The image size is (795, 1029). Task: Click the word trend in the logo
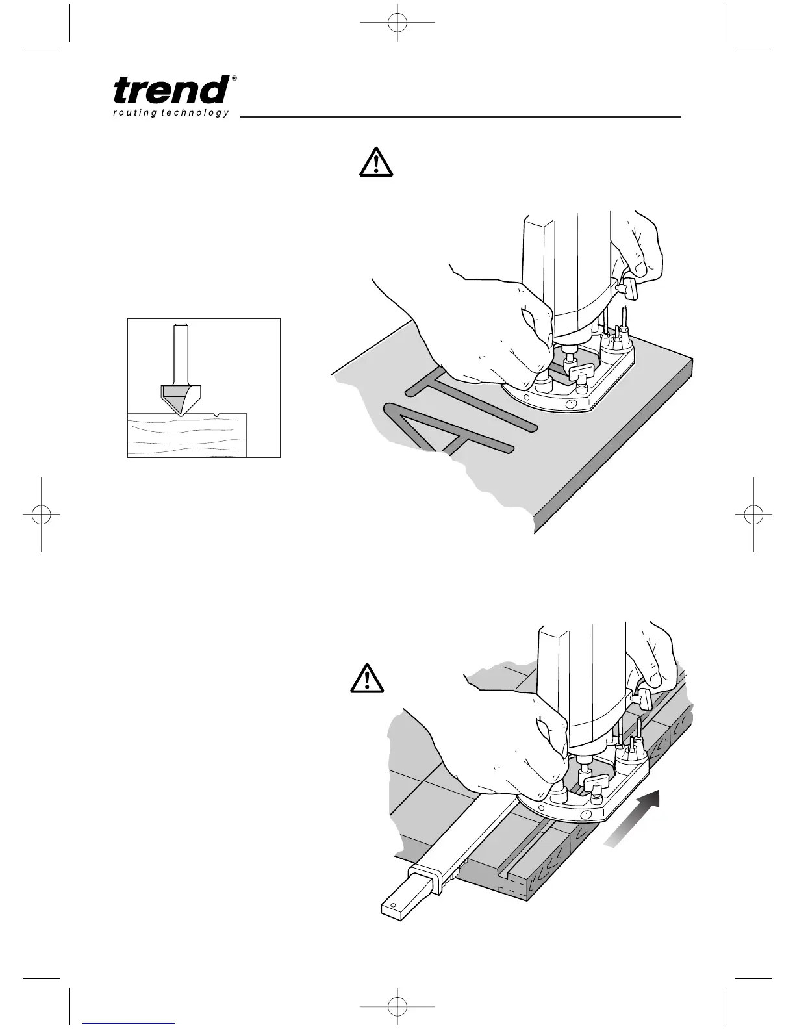pyautogui.click(x=171, y=90)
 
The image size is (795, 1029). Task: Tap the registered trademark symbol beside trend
pyautogui.click(x=234, y=79)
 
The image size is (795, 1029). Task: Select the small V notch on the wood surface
pyautogui.click(x=214, y=414)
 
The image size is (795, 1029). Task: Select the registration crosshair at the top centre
pyautogui.click(x=396, y=23)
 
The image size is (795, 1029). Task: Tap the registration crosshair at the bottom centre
pyautogui.click(x=396, y=1006)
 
